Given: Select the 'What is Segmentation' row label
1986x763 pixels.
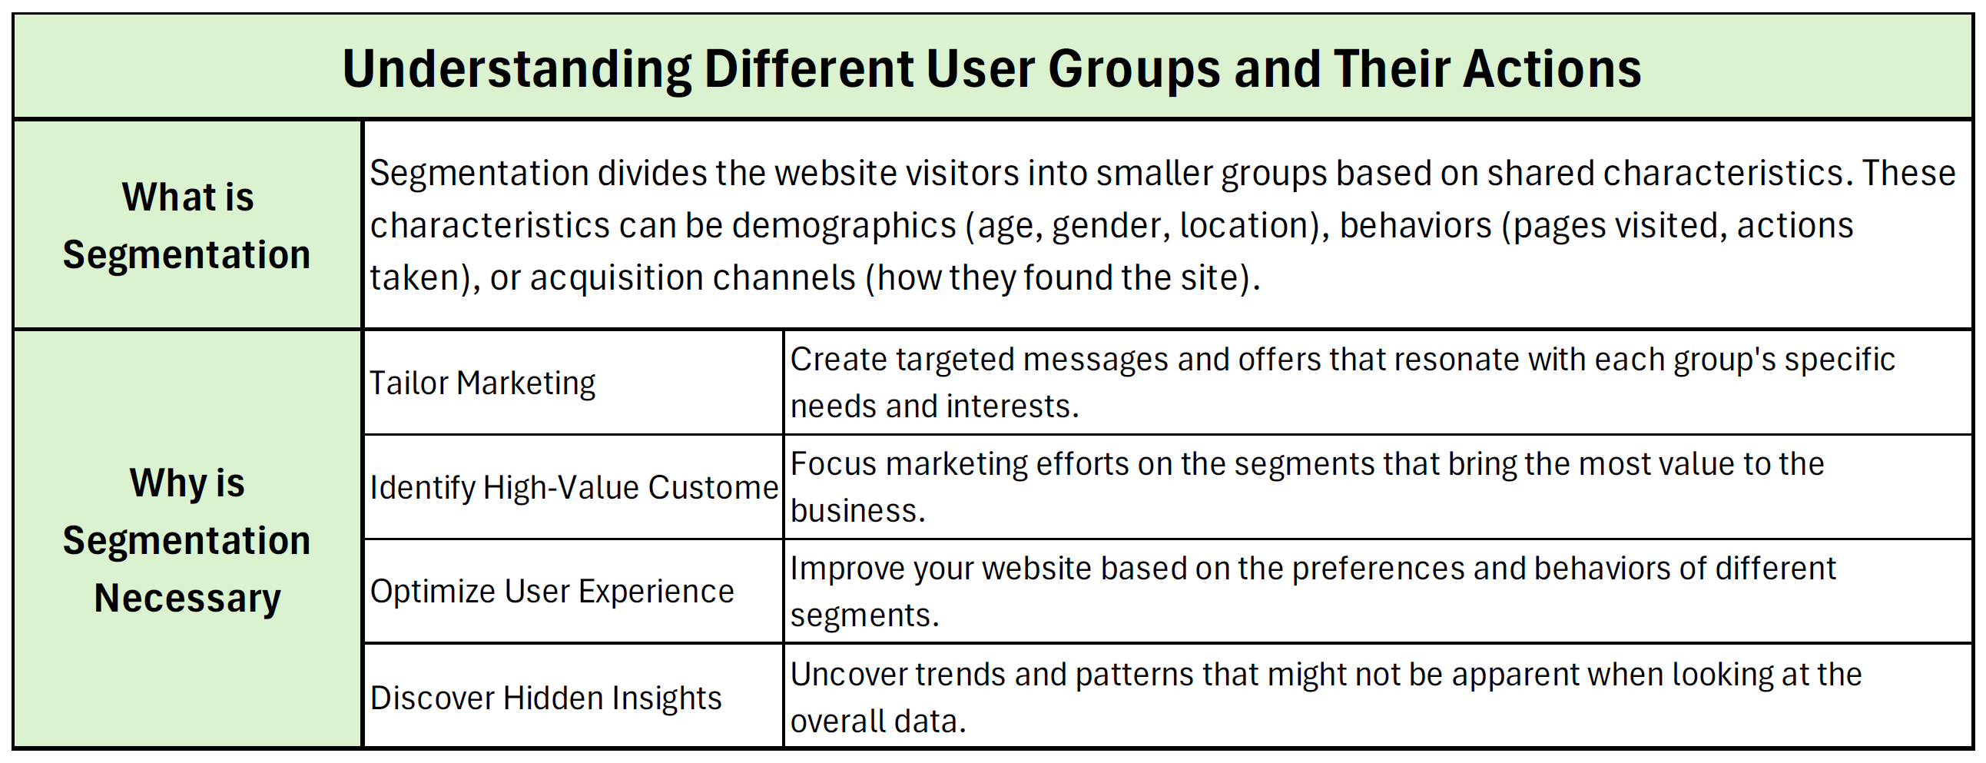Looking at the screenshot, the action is click(x=187, y=225).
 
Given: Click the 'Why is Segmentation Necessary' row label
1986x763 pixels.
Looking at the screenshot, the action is click(x=187, y=540).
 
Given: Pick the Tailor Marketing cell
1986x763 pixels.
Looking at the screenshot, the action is click(x=482, y=383).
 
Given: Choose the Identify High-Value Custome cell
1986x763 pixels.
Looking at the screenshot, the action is click(x=575, y=487).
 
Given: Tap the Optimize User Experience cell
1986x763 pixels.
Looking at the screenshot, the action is click(x=552, y=591).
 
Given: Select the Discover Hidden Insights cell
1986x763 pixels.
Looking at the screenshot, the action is click(x=545, y=698).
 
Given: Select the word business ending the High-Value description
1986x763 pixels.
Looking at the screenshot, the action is click(x=857, y=511).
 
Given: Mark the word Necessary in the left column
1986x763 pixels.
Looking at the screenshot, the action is click(x=187, y=599).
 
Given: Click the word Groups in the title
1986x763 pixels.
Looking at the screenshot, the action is click(x=1134, y=70).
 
